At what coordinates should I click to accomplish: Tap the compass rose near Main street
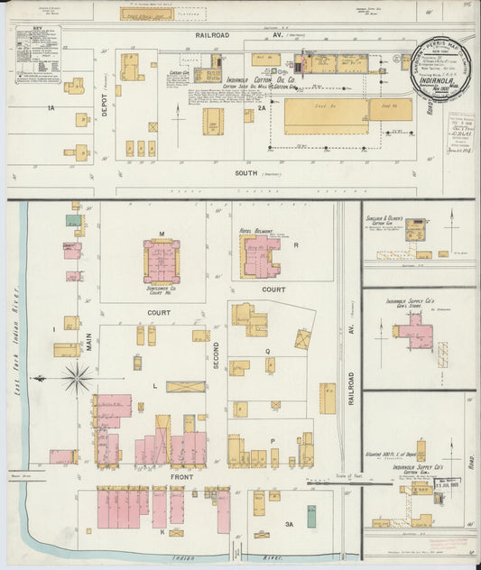click(x=77, y=378)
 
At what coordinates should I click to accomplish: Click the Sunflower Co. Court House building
click(x=162, y=262)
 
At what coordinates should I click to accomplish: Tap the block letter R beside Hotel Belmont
click(x=295, y=244)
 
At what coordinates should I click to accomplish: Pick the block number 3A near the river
click(x=290, y=523)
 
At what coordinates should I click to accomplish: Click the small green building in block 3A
click(x=311, y=516)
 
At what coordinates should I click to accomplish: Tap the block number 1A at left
click(x=51, y=107)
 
